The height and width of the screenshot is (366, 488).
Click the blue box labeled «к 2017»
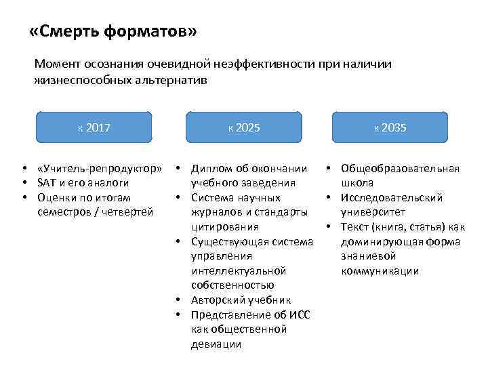pyautogui.click(x=94, y=127)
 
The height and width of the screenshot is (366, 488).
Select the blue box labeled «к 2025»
pyautogui.click(x=243, y=127)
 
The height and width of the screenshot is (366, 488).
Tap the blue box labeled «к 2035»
pyautogui.click(x=390, y=127)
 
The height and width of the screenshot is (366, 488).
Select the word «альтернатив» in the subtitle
pyautogui.click(x=171, y=80)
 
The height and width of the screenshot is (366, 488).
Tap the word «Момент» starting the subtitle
pyautogui.click(x=58, y=64)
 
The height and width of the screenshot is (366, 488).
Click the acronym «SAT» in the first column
pyautogui.click(x=49, y=183)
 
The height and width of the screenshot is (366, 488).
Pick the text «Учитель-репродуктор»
pyautogui.click(x=100, y=168)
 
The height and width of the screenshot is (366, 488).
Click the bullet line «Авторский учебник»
pyautogui.click(x=241, y=300)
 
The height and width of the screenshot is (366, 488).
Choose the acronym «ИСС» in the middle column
pyautogui.click(x=299, y=314)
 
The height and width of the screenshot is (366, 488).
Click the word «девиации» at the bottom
pyautogui.click(x=216, y=344)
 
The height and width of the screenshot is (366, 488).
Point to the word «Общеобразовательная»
pyautogui.click(x=400, y=168)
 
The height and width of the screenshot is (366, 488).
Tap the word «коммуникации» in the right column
pyautogui.click(x=380, y=270)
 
